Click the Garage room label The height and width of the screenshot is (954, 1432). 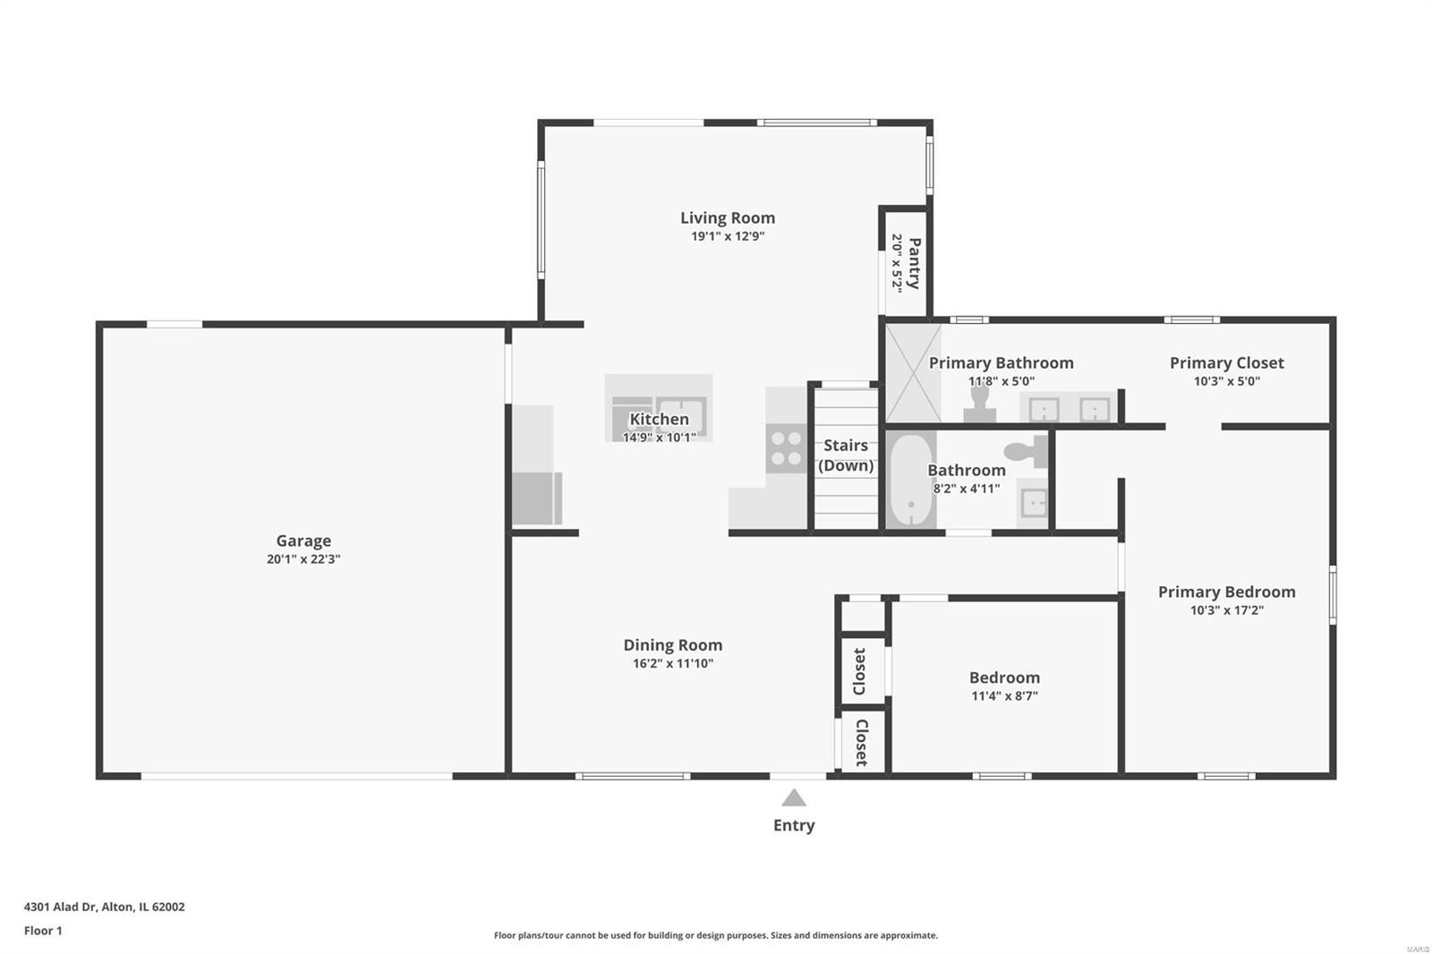(x=303, y=541)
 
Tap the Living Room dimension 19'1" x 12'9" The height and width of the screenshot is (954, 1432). (x=728, y=236)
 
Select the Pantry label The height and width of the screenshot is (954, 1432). (x=915, y=263)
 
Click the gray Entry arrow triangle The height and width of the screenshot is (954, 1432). (x=794, y=797)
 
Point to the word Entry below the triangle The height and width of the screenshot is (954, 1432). (x=794, y=825)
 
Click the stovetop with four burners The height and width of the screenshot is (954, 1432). (x=787, y=448)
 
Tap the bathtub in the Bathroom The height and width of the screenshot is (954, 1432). (x=911, y=480)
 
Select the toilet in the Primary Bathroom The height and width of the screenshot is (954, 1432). (x=979, y=405)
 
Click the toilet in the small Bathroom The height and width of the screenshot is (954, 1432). (x=1026, y=452)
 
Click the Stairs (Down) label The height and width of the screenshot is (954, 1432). (x=846, y=456)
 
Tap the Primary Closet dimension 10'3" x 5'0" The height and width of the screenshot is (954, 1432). (x=1227, y=381)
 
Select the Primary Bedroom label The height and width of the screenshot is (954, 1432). (x=1227, y=592)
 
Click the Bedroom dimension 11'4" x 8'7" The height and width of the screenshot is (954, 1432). (x=1004, y=695)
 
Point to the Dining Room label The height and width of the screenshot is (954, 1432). (x=672, y=645)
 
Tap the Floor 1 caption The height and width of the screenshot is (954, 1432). (x=43, y=931)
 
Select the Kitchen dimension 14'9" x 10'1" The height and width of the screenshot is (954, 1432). (x=659, y=438)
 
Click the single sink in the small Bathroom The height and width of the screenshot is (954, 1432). (x=1033, y=502)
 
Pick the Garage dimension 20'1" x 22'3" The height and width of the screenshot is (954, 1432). (x=303, y=559)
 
